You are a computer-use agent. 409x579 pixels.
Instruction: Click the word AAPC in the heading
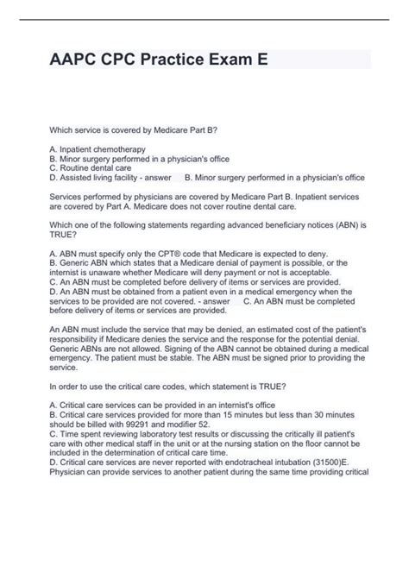(x=80, y=60)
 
